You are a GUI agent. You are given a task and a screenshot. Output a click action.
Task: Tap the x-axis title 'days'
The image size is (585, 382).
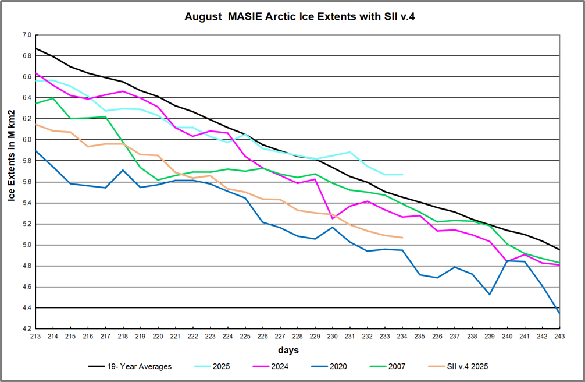pyautogui.click(x=289, y=350)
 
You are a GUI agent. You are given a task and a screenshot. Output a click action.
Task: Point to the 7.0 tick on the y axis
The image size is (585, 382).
pyautogui.click(x=26, y=35)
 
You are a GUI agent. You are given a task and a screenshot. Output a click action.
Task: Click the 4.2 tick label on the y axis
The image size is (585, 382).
pyautogui.click(x=26, y=329)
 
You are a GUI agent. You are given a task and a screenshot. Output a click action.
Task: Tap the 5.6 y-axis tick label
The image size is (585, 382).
pyautogui.click(x=26, y=182)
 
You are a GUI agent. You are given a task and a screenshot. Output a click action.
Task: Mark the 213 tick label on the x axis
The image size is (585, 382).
pyautogui.click(x=36, y=336)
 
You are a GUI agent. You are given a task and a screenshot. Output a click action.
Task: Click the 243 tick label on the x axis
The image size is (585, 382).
pyautogui.click(x=559, y=336)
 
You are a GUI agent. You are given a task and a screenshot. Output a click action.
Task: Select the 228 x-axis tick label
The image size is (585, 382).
pyautogui.click(x=298, y=336)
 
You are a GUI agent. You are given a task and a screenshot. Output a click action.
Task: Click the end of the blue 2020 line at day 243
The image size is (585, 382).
pyautogui.click(x=559, y=313)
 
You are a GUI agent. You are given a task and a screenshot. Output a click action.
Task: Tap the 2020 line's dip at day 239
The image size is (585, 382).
pyautogui.click(x=490, y=294)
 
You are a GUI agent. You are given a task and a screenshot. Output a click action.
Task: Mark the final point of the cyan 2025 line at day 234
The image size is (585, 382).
pyautogui.click(x=402, y=175)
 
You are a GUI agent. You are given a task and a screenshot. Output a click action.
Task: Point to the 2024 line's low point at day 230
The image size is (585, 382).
pyautogui.click(x=333, y=218)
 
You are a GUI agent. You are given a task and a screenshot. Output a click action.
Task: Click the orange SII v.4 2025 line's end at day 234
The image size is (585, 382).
pyautogui.click(x=402, y=238)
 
